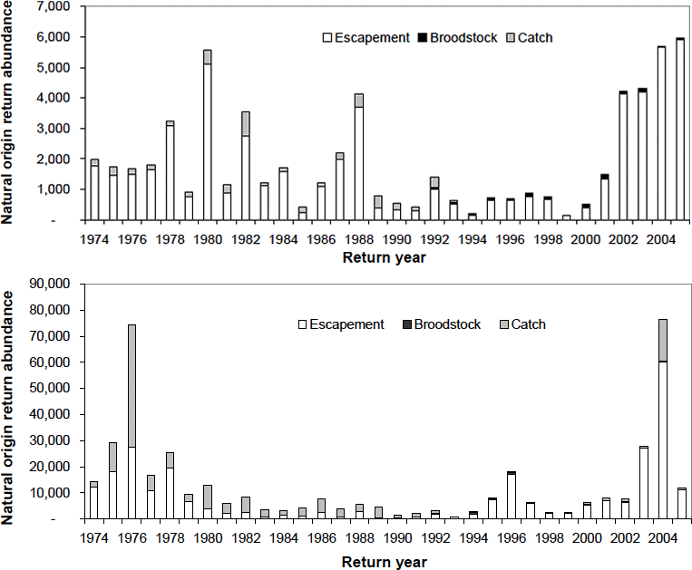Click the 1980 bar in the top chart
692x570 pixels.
point(208,135)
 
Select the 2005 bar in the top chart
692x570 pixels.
point(680,130)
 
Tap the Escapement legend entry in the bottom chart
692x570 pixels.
point(346,324)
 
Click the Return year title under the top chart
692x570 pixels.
point(384,257)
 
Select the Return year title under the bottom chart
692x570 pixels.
point(384,561)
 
